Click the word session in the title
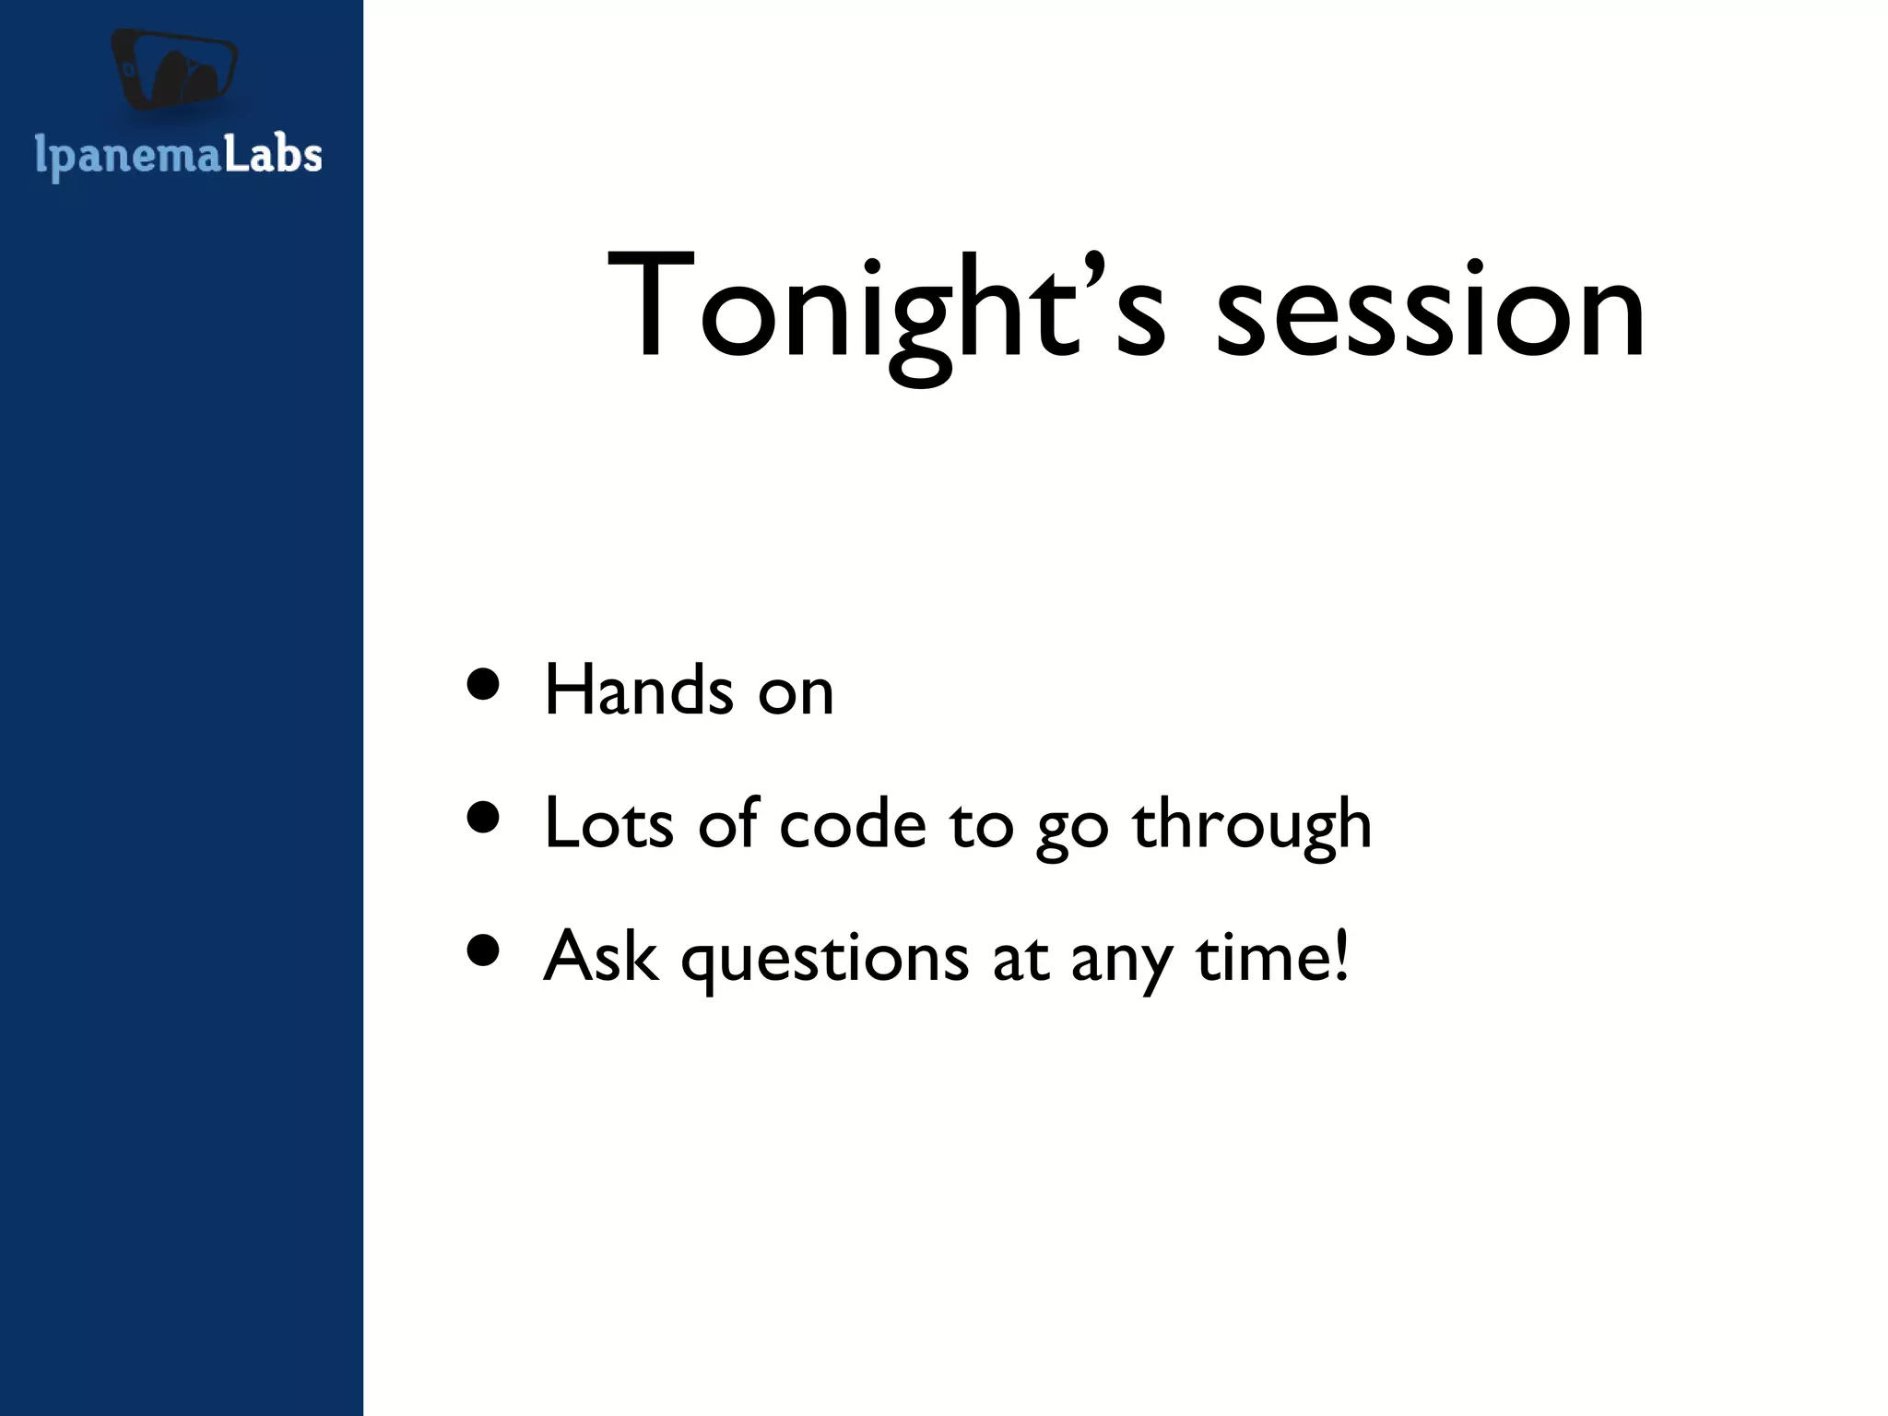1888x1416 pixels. pos(1429,313)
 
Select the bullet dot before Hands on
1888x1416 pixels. pos(483,684)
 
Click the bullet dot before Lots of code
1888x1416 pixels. pos(483,817)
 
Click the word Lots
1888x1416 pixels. pos(608,822)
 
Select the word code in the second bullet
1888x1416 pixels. pos(852,824)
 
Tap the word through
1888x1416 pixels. pos(1252,826)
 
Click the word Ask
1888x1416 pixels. pos(600,956)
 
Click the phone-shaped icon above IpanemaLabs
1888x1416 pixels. pos(174,70)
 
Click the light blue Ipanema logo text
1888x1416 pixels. pos(128,156)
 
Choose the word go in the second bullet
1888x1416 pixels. pos(1072,829)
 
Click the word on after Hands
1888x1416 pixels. pos(796,693)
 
